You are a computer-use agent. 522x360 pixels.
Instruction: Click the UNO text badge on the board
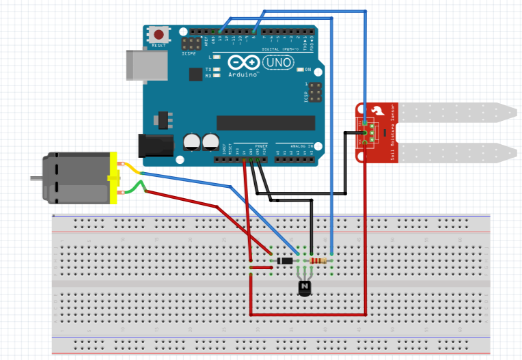click(x=277, y=62)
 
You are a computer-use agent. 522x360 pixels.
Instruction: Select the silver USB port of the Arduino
click(x=146, y=64)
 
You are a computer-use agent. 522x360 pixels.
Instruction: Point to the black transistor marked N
click(x=305, y=286)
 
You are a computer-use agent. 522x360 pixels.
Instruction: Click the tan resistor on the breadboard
click(x=319, y=260)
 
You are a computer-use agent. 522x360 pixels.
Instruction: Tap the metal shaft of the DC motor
click(x=36, y=179)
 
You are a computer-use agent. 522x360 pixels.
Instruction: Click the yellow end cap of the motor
click(x=113, y=179)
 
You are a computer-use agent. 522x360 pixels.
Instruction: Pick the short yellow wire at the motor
click(x=130, y=169)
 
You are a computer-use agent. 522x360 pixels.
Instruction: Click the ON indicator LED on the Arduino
click(x=299, y=70)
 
